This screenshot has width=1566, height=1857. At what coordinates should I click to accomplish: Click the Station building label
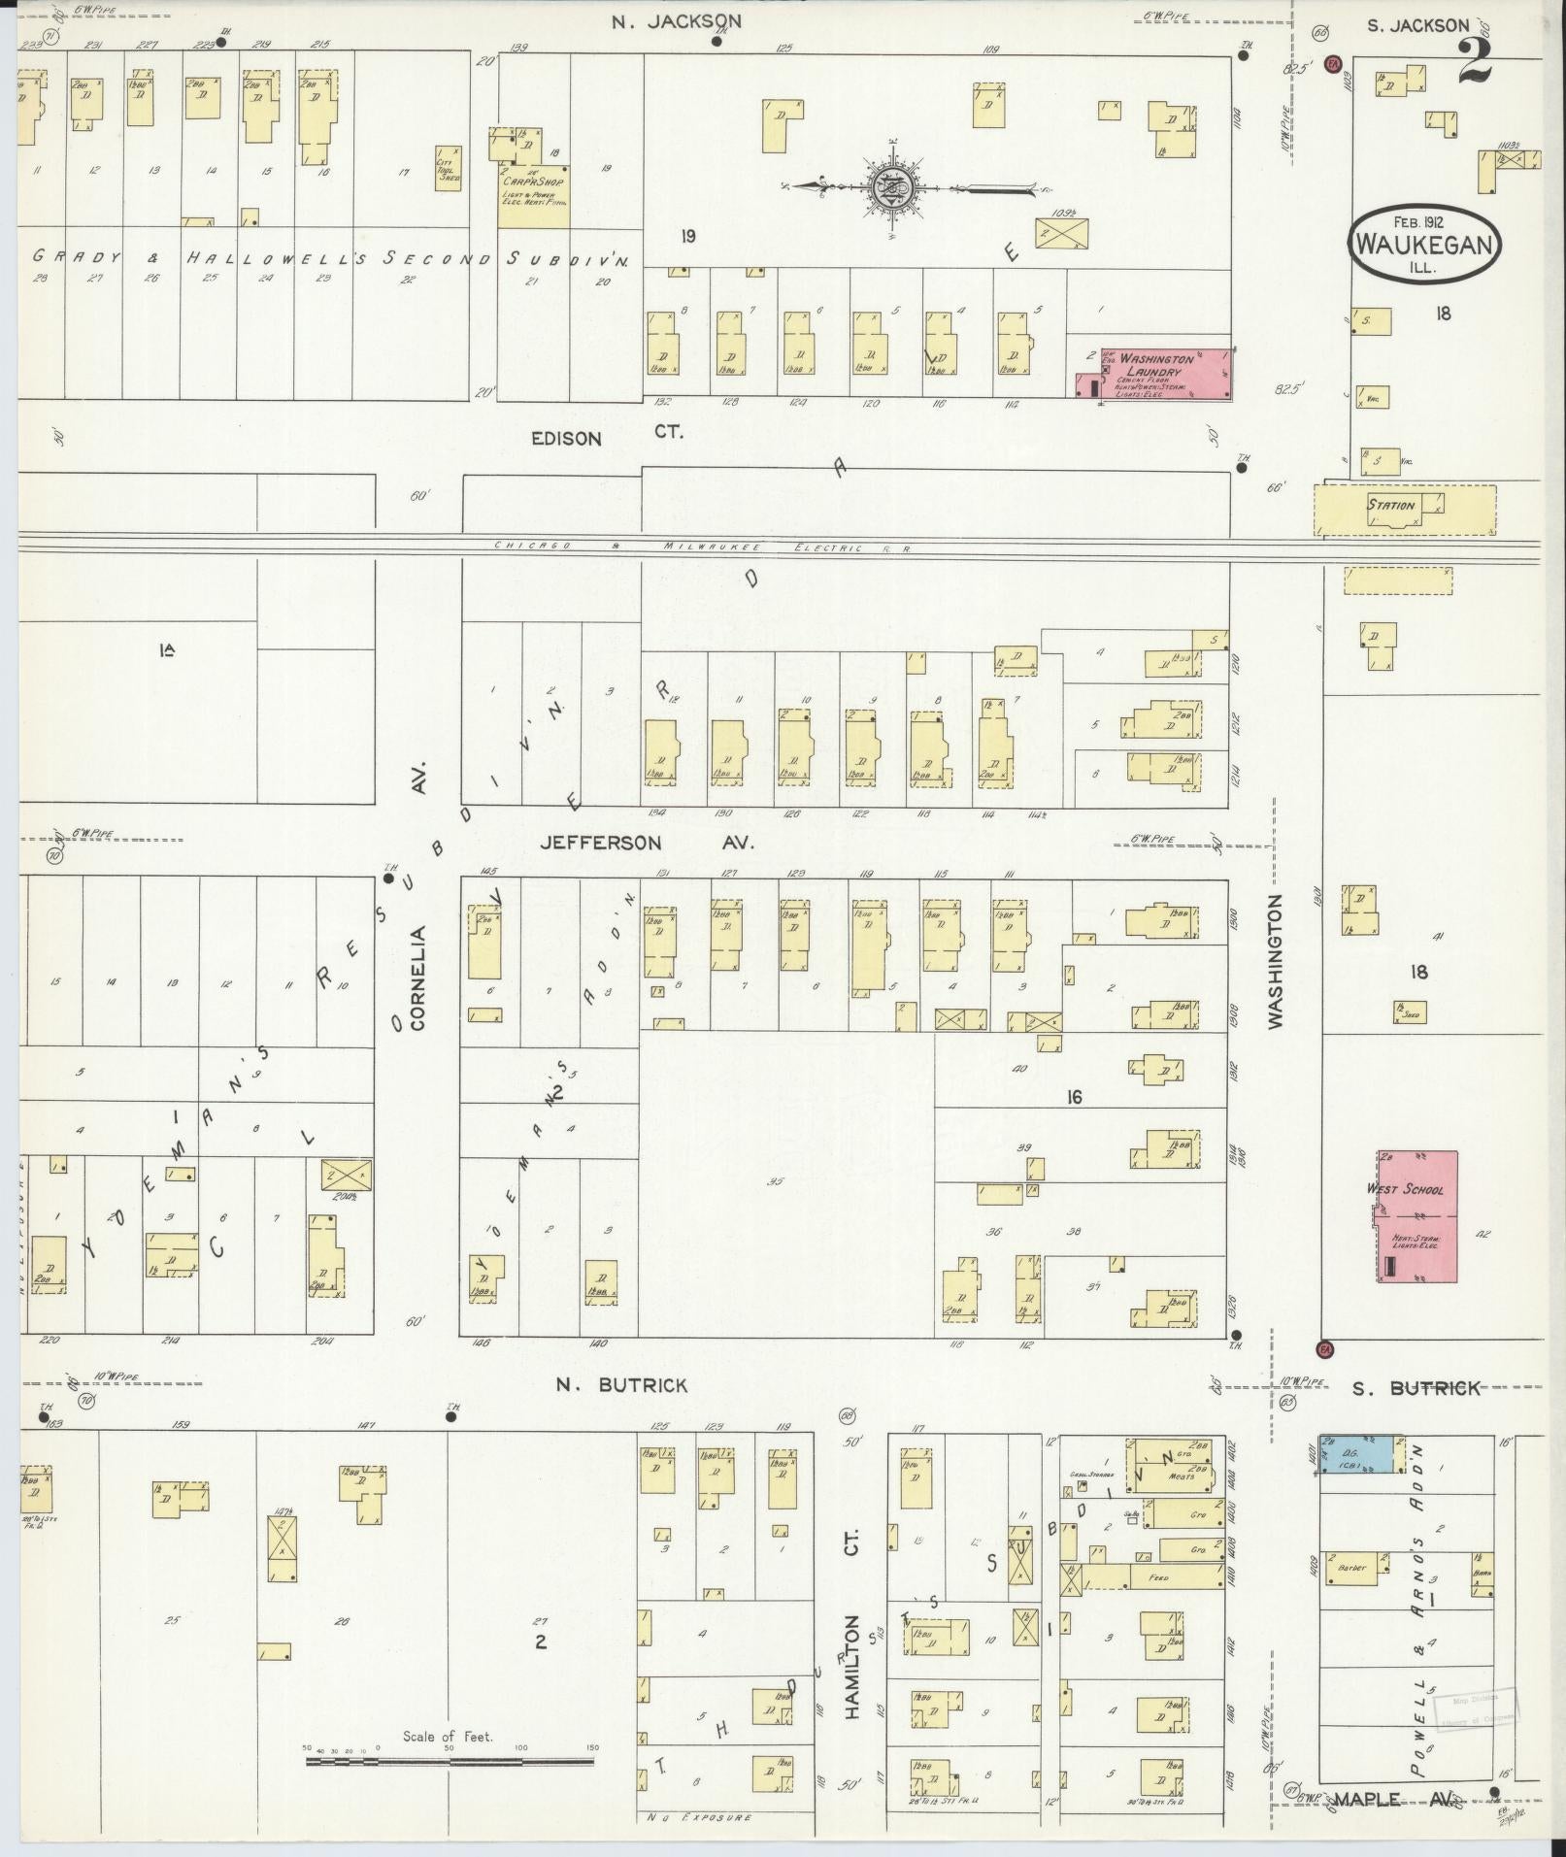pos(1390,505)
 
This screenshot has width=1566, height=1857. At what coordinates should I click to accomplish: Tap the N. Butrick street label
pos(621,1384)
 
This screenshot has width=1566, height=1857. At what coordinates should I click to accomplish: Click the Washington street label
pos(1276,961)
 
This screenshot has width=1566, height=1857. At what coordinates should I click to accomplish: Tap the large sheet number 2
pos(1474,63)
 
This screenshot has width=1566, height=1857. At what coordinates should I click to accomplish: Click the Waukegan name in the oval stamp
pos(1423,244)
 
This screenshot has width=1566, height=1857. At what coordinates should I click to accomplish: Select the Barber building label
pos(1350,1567)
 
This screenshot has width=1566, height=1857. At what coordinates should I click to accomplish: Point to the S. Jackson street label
pos(1417,26)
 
